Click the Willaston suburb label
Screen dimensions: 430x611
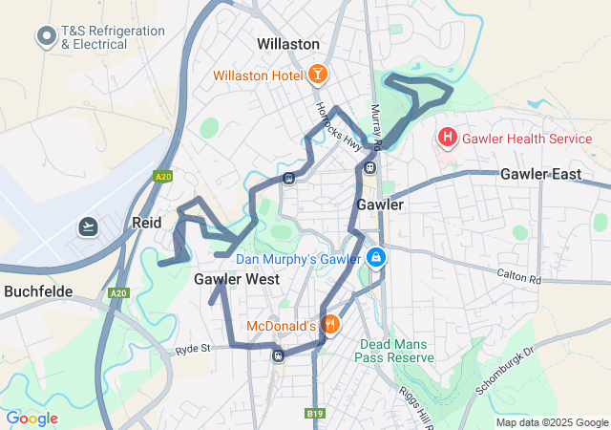point(288,44)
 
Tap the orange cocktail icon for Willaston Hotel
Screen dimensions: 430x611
point(317,75)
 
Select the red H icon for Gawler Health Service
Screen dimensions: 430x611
point(447,139)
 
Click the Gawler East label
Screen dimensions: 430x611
point(540,174)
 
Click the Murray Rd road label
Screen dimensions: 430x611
point(376,127)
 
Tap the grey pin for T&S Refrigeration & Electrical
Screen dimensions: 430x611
point(45,37)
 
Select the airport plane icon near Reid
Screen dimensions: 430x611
point(89,226)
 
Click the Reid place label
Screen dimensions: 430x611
point(146,222)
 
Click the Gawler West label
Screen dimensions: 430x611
point(237,279)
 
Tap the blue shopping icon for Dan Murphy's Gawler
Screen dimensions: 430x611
point(377,259)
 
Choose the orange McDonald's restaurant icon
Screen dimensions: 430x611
point(329,325)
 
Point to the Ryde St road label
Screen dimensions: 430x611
point(192,351)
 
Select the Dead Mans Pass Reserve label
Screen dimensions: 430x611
point(394,351)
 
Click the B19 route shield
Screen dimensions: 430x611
point(315,413)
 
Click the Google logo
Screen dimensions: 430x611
point(32,419)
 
